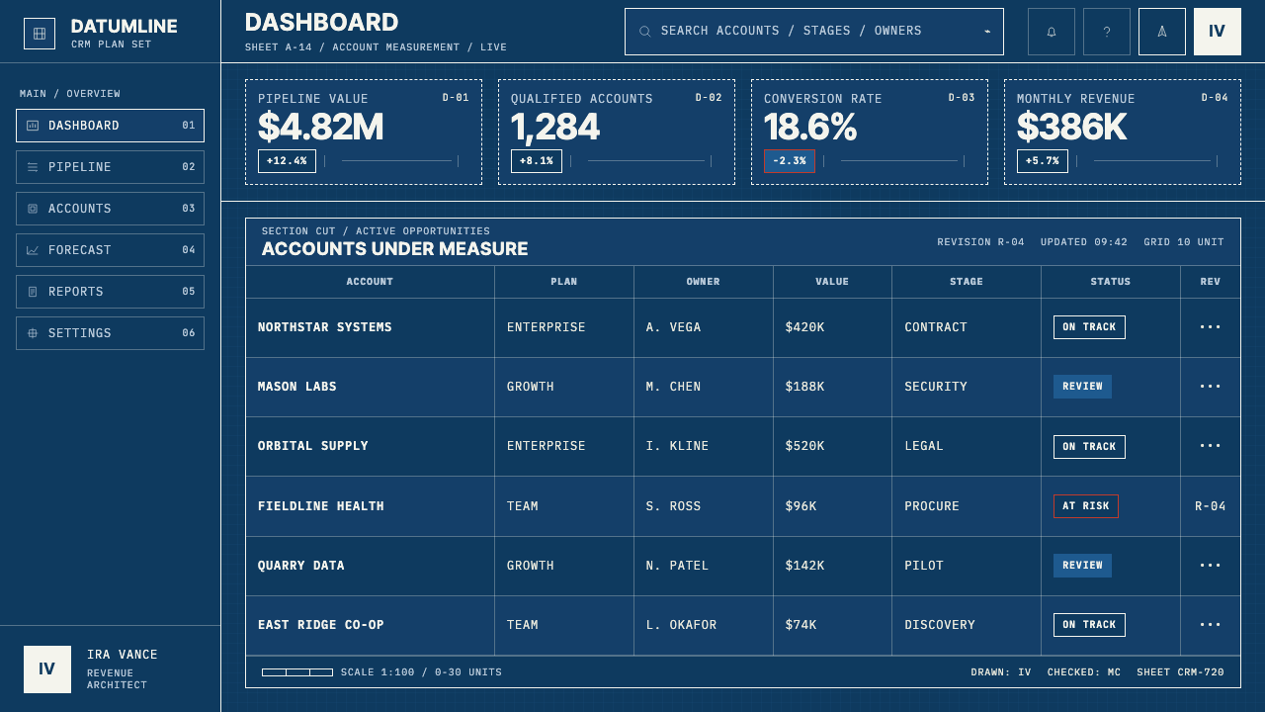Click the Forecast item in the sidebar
pyautogui.click(x=110, y=250)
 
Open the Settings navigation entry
pyautogui.click(x=110, y=333)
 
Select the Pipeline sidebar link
pyautogui.click(x=110, y=167)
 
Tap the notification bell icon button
pyautogui.click(x=1051, y=32)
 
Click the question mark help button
pyautogui.click(x=1106, y=32)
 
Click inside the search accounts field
pyautogui.click(x=813, y=32)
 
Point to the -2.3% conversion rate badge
pyautogui.click(x=789, y=161)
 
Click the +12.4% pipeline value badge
pyautogui.click(x=287, y=161)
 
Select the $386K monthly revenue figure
pyautogui.click(x=1071, y=128)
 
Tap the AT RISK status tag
pyautogui.click(x=1085, y=505)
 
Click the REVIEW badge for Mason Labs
pyautogui.click(x=1082, y=387)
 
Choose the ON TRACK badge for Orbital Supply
pyautogui.click(x=1089, y=446)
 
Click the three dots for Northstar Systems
pyautogui.click(x=1210, y=326)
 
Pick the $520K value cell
pyautogui.click(x=804, y=446)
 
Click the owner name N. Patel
pyautogui.click(x=677, y=565)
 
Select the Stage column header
pyautogui.click(x=966, y=282)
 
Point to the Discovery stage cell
pyautogui.click(x=939, y=624)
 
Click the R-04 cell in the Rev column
pyautogui.click(x=1210, y=505)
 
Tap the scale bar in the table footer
pyautogui.click(x=297, y=671)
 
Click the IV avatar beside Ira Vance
pyautogui.click(x=47, y=669)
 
